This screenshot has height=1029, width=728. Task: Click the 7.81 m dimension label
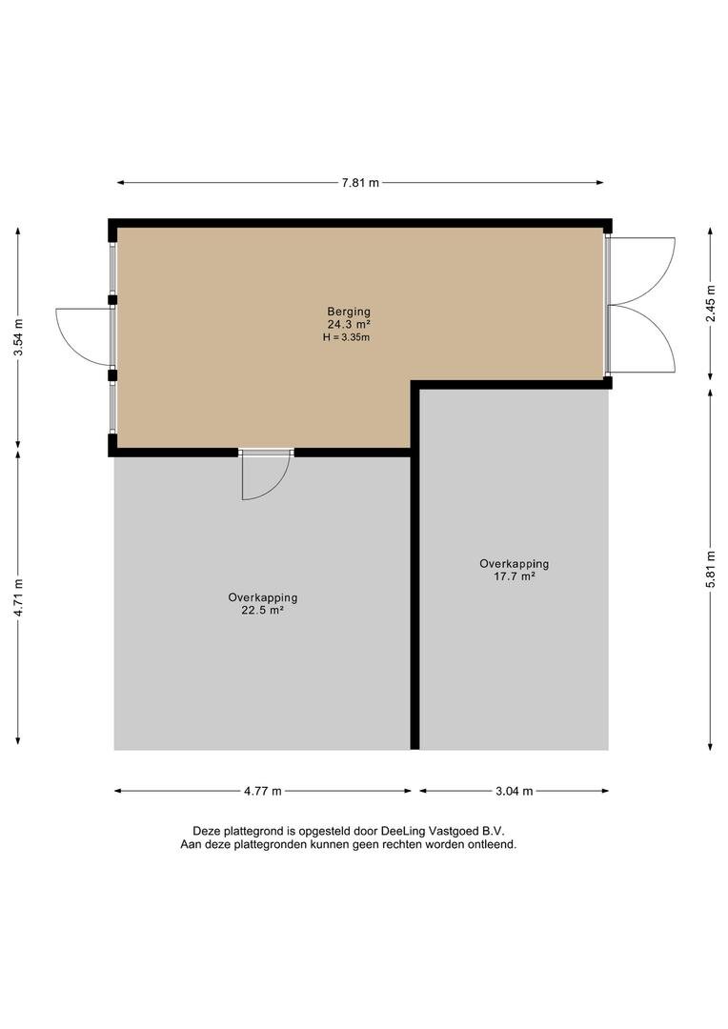click(360, 183)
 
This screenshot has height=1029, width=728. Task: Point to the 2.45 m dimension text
click(710, 304)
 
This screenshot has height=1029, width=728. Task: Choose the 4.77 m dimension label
click(263, 792)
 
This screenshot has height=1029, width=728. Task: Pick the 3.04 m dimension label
click(514, 792)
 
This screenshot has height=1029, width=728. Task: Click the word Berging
click(349, 312)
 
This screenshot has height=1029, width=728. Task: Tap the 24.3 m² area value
click(349, 324)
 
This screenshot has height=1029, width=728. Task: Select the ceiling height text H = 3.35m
click(347, 337)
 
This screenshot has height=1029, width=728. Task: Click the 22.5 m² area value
click(262, 611)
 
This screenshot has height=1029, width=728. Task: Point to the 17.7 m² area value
click(514, 576)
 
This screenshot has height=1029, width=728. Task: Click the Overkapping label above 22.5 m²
click(263, 597)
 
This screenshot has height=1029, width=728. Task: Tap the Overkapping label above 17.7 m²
click(514, 564)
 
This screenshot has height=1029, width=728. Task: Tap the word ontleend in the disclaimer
click(492, 844)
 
